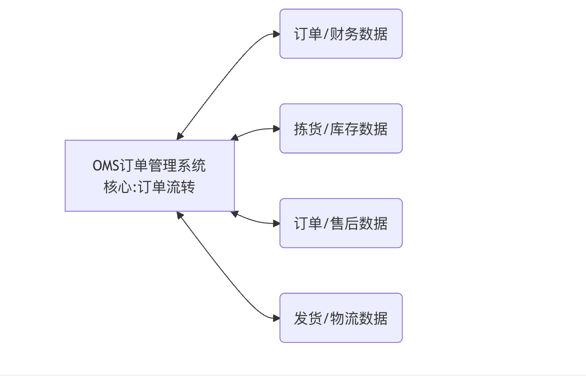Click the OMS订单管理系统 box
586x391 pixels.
tap(149, 175)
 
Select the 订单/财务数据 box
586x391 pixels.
tap(340, 33)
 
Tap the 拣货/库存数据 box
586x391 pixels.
tap(340, 128)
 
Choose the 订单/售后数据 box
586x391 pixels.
tap(340, 223)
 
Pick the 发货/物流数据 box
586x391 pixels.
tap(340, 318)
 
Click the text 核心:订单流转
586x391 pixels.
tap(149, 187)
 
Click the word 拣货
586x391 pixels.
tap(307, 129)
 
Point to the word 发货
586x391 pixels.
tap(307, 318)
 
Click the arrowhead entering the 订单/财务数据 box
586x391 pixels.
tap(276, 34)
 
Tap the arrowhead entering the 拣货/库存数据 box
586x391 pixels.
tap(276, 128)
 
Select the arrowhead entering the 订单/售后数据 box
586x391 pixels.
tap(276, 223)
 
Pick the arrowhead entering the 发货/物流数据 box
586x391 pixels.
tap(276, 318)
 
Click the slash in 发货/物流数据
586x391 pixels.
tap(325, 318)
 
